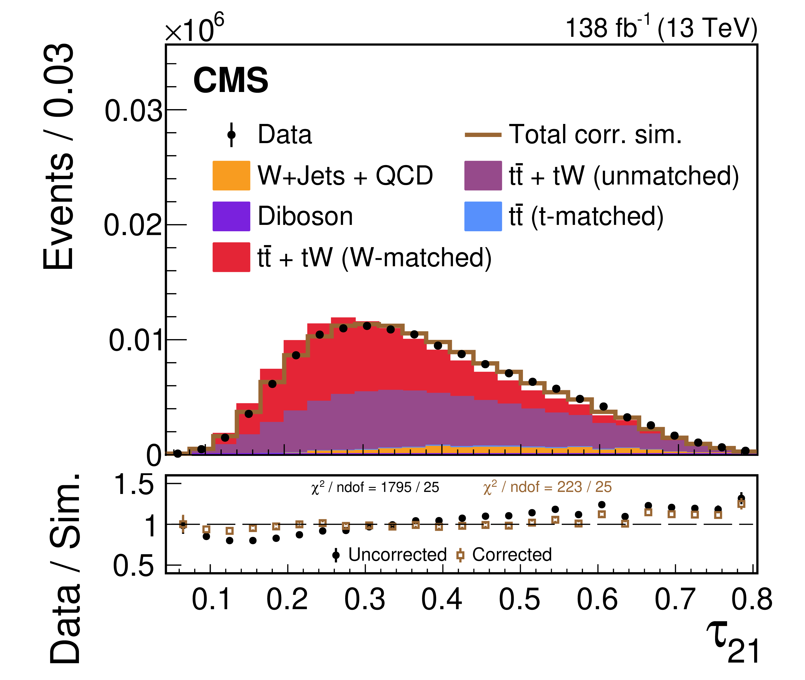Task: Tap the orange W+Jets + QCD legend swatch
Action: coord(231,175)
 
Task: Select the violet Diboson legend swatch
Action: coord(231,216)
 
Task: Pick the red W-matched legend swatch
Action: coord(231,257)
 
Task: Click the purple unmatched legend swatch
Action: coord(483,175)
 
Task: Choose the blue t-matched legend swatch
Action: coord(483,216)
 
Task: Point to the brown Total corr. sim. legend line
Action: coord(483,135)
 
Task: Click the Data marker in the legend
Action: coord(231,135)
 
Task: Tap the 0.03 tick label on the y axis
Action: coord(133,111)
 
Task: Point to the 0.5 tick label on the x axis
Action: coord(519,600)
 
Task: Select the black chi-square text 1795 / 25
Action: coord(375,487)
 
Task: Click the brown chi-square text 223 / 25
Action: coord(547,487)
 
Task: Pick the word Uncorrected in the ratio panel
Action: coord(397,555)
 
